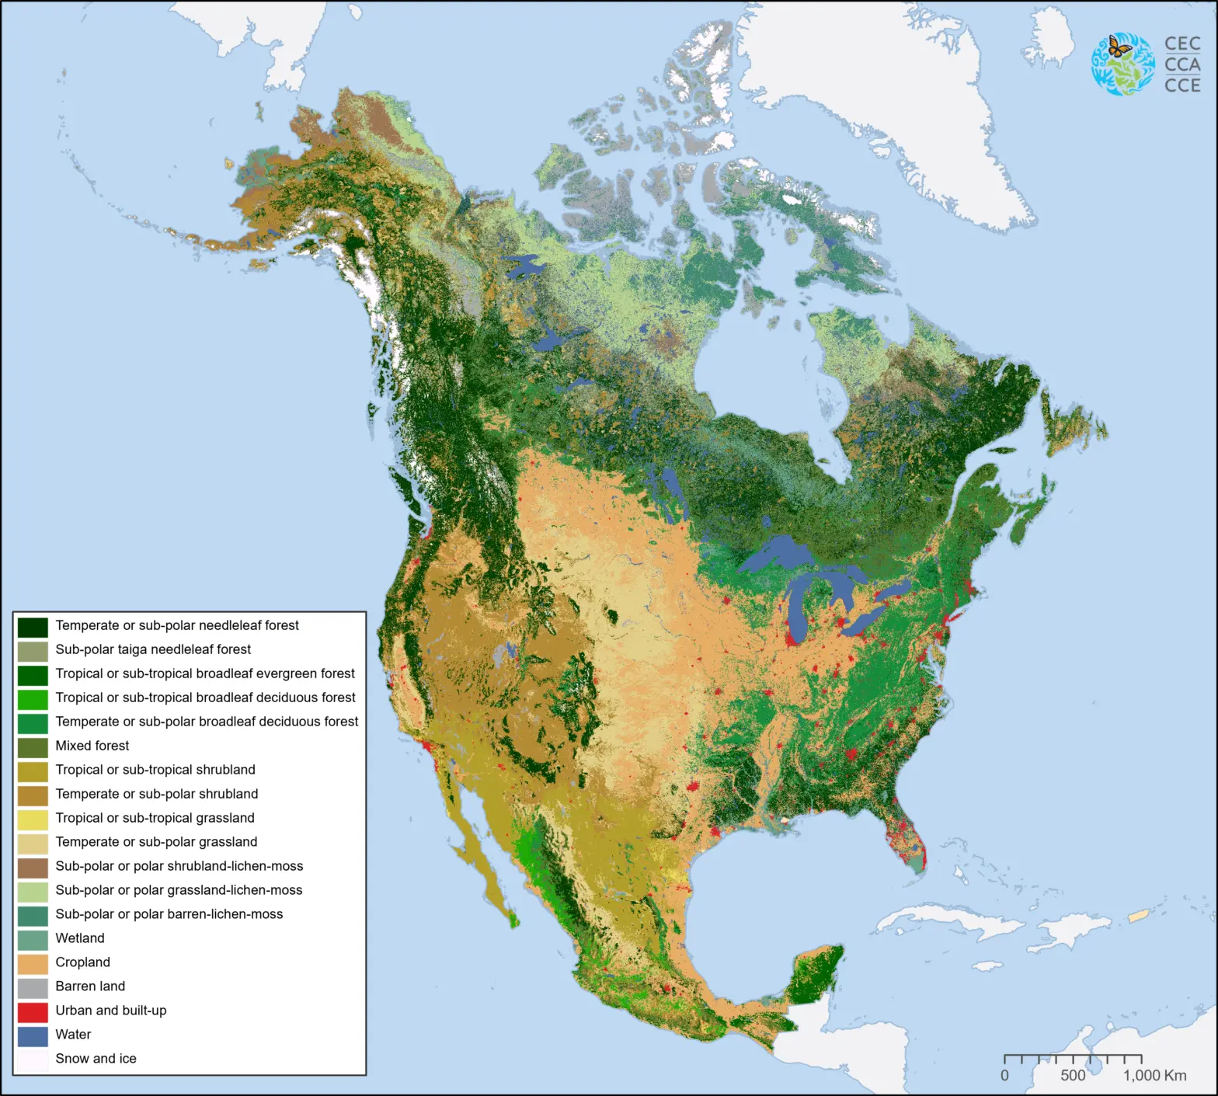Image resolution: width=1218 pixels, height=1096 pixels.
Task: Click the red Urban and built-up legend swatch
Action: pos(33,1011)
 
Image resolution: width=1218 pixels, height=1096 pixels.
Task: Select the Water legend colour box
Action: pos(33,1035)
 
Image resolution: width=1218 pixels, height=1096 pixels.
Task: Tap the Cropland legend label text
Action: pos(82,962)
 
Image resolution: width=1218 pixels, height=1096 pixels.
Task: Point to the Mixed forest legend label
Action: pos(92,746)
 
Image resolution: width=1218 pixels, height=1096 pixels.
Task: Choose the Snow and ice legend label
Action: pos(96,1059)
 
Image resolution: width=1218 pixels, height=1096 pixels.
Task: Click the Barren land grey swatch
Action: pos(33,987)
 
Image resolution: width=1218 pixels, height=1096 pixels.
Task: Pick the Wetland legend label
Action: pos(79,938)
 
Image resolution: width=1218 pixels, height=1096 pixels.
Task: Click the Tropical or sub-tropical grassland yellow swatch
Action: pos(33,819)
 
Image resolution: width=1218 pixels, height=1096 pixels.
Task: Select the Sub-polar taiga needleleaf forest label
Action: pos(153,649)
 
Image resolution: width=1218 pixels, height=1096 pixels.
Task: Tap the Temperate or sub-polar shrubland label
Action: pos(156,794)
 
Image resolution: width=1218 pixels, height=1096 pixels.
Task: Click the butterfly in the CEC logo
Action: pos(1119,47)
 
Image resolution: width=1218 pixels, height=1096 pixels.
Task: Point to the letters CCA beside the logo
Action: pos(1182,64)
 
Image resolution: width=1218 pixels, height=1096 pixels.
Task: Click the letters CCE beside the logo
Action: pos(1182,85)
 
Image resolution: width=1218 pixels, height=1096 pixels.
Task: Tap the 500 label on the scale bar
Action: pos(1073,1076)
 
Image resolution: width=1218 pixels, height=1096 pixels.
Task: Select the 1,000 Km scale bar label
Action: pos(1154,1076)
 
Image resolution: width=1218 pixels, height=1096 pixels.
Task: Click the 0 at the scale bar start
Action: pos(1004,1076)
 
